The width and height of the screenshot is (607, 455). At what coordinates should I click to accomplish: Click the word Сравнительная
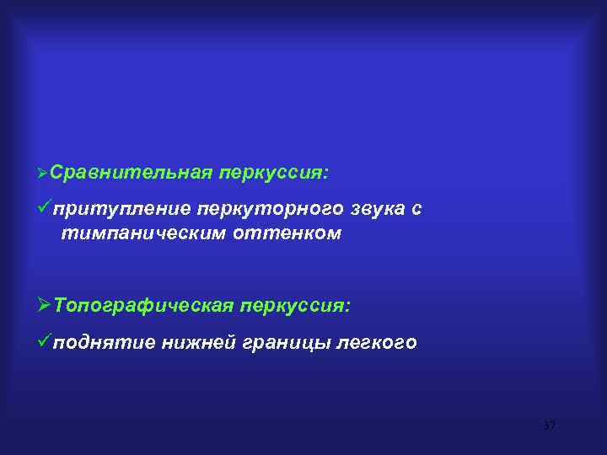point(129,173)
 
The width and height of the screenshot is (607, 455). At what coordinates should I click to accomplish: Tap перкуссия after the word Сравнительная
point(274,173)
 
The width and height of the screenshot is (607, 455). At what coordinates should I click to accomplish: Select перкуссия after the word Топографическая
point(296,305)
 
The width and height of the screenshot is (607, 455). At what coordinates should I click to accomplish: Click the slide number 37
point(550,426)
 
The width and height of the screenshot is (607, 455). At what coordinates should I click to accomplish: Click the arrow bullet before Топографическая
point(43,305)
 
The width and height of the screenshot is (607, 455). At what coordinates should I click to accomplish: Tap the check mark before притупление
point(43,208)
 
